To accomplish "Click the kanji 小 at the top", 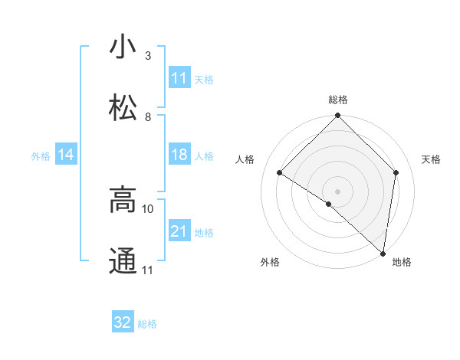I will click(123, 47).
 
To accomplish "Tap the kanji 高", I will click(123, 200).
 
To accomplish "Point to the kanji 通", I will click(123, 261).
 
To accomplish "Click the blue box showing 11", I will click(179, 78).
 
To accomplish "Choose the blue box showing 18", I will click(179, 155).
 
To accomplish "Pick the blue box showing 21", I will click(179, 231).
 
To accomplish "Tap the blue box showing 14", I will click(66, 155).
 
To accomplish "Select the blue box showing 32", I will click(123, 322).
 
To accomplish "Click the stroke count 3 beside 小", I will click(148, 56).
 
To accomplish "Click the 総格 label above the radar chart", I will click(338, 100).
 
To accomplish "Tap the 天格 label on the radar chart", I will click(432, 159).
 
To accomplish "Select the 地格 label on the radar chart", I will click(402, 263).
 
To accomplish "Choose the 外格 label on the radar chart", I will click(270, 263).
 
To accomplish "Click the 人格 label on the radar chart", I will click(245, 159).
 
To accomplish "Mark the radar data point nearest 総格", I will click(338, 116).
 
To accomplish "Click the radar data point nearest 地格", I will click(383, 253).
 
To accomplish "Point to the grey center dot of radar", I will click(338, 191).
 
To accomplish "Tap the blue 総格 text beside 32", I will click(148, 324).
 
